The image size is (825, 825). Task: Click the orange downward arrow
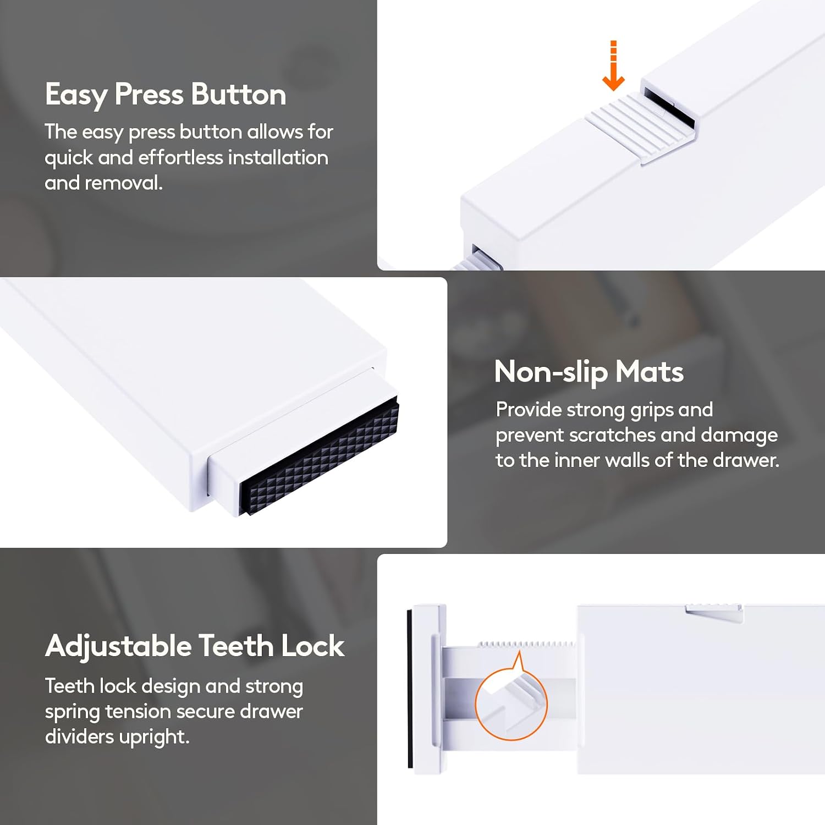(613, 66)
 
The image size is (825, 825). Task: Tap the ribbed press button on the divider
(638, 128)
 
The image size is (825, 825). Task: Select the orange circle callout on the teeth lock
(511, 703)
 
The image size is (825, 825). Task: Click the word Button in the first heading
(239, 95)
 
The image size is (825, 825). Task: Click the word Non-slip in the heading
(551, 372)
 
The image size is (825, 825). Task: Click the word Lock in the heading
(313, 646)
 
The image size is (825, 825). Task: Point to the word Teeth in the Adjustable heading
(237, 646)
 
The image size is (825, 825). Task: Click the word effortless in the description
(181, 157)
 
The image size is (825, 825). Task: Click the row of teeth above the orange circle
(526, 644)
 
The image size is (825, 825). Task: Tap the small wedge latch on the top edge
(714, 613)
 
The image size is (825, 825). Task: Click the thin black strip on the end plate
(410, 688)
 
